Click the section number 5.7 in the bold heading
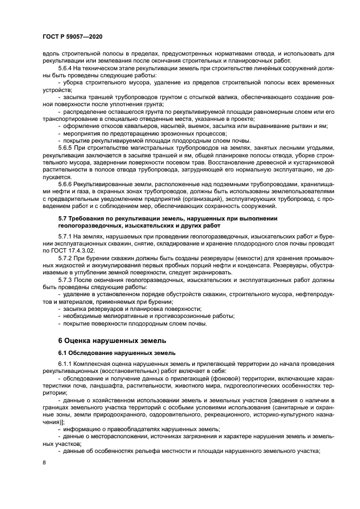[64, 218]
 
